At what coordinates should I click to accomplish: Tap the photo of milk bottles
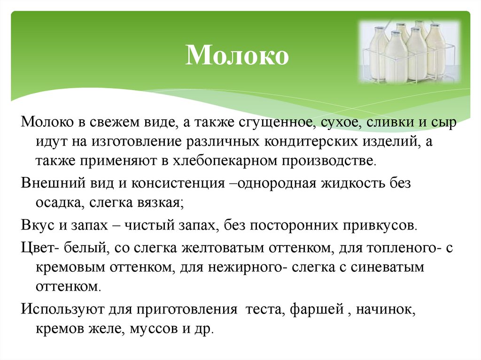pyautogui.click(x=408, y=51)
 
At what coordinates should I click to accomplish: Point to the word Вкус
pyautogui.click(x=36, y=225)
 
